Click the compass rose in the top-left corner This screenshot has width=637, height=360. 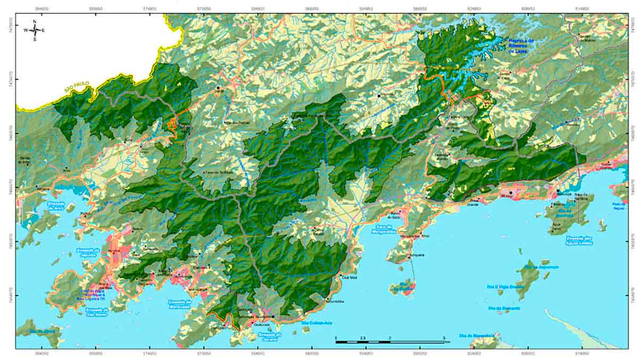[35, 30]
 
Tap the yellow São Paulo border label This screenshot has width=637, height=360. [75, 89]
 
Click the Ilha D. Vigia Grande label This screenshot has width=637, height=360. [505, 286]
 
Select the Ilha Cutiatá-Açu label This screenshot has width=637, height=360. [317, 322]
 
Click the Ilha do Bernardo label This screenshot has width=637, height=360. [504, 308]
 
